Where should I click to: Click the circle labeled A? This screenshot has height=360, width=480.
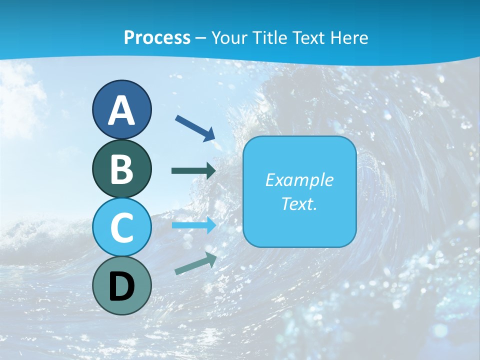coord(121,109)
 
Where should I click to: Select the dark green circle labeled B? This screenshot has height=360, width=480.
coord(121,168)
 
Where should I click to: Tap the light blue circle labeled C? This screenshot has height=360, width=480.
coord(121,227)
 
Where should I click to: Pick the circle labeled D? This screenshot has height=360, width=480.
coord(121,285)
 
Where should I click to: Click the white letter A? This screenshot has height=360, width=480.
coord(121,110)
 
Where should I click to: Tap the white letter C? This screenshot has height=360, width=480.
coord(121,228)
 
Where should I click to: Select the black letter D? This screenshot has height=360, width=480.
coord(121,286)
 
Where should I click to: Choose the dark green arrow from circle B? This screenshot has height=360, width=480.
coord(193,170)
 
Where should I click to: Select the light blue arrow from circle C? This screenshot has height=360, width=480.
coord(194,225)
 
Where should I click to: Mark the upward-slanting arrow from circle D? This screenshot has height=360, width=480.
coord(195,264)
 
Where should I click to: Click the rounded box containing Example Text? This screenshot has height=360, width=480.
coord(299,191)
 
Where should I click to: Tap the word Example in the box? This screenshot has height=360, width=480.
coord(299,180)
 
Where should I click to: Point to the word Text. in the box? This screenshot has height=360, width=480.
coord(299,204)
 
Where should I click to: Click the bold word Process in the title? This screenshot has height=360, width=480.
coord(157,37)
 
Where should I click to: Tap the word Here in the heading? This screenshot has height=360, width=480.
coord(348,37)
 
